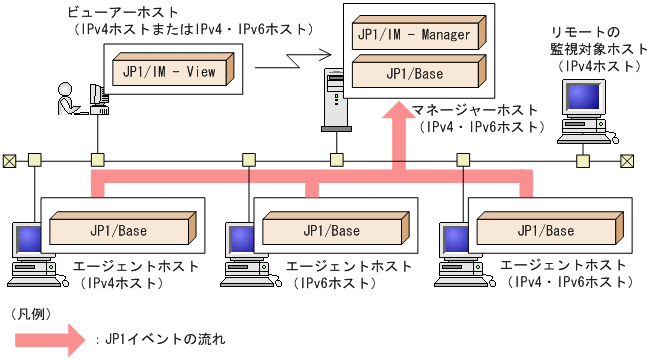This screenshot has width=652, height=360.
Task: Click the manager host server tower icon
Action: [333, 99]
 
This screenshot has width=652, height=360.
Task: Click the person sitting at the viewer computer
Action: [68, 101]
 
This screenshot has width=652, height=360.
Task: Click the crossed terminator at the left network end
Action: [10, 159]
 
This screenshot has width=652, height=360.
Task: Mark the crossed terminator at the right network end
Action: [626, 159]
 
